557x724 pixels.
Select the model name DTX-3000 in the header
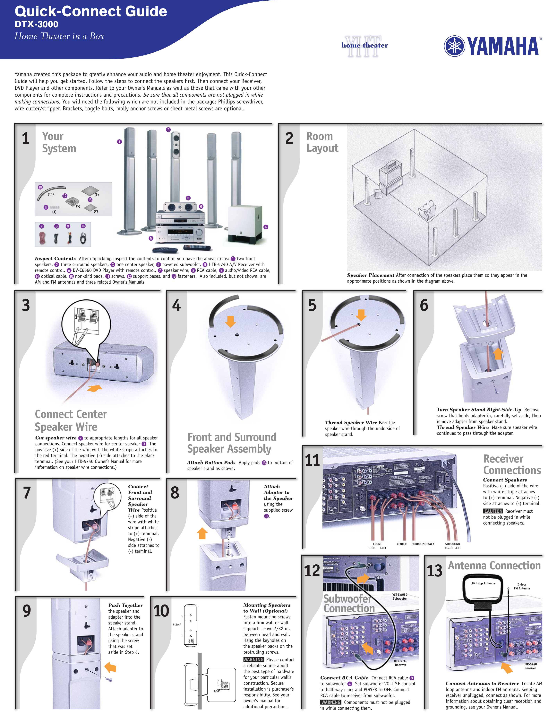[x=36, y=24]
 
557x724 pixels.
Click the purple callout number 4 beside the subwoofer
[x=265, y=227]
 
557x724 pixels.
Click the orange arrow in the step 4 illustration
[x=230, y=321]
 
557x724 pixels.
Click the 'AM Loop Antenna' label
[x=483, y=583]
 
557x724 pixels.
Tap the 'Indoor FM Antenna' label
[x=522, y=587]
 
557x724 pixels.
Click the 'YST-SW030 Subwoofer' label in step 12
[x=400, y=596]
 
